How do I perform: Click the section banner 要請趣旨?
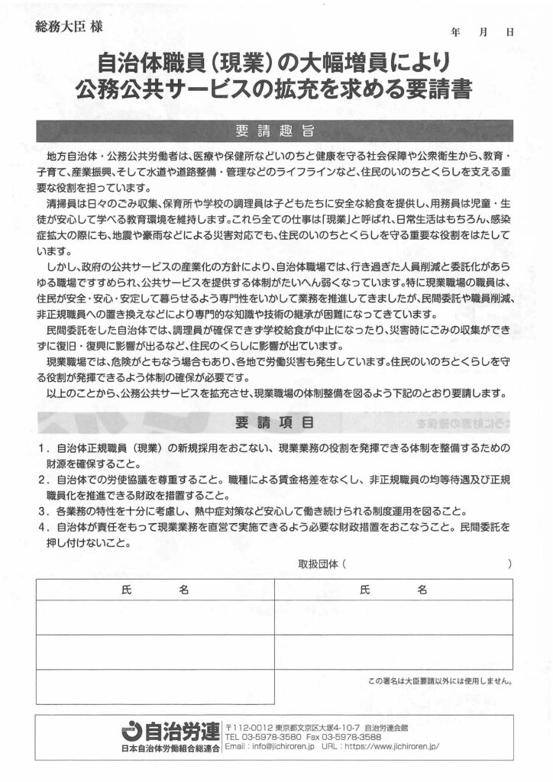coord(276,130)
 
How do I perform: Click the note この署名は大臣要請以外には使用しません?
coord(439,680)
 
